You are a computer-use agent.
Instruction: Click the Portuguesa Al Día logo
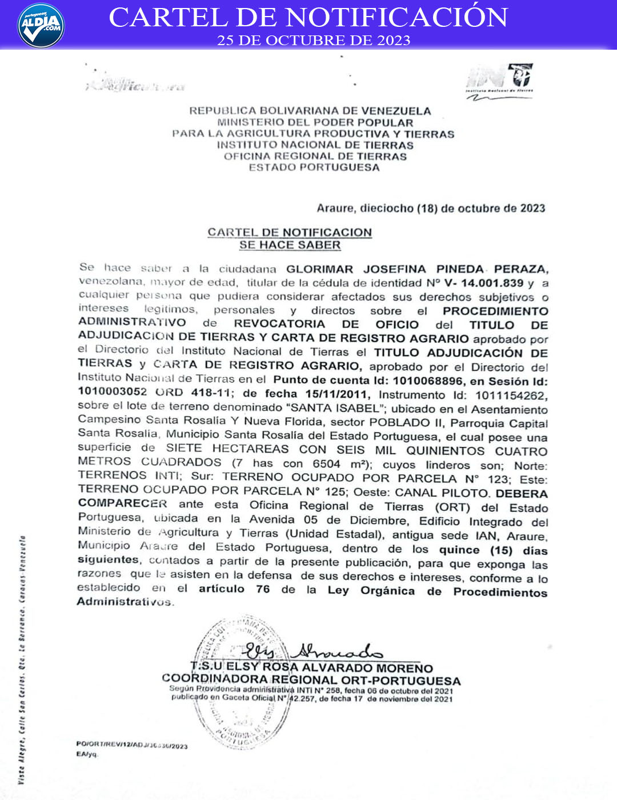click(x=41, y=25)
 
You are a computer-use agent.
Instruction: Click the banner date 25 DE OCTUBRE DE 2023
click(x=313, y=41)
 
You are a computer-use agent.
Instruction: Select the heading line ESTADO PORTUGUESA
click(x=314, y=167)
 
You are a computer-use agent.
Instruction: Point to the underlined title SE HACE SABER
click(x=290, y=245)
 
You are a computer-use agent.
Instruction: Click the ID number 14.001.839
click(x=492, y=283)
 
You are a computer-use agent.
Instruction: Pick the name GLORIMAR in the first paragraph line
click(x=319, y=269)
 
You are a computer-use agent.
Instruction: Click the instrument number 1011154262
click(x=511, y=395)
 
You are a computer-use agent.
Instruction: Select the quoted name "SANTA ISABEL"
click(x=335, y=408)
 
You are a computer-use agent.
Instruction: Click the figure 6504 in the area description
click(x=326, y=464)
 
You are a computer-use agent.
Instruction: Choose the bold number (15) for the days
click(x=501, y=550)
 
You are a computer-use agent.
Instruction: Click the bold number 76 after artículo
click(x=262, y=589)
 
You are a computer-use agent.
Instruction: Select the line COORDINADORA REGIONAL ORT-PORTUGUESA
click(x=311, y=680)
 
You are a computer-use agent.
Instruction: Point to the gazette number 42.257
click(x=302, y=698)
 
